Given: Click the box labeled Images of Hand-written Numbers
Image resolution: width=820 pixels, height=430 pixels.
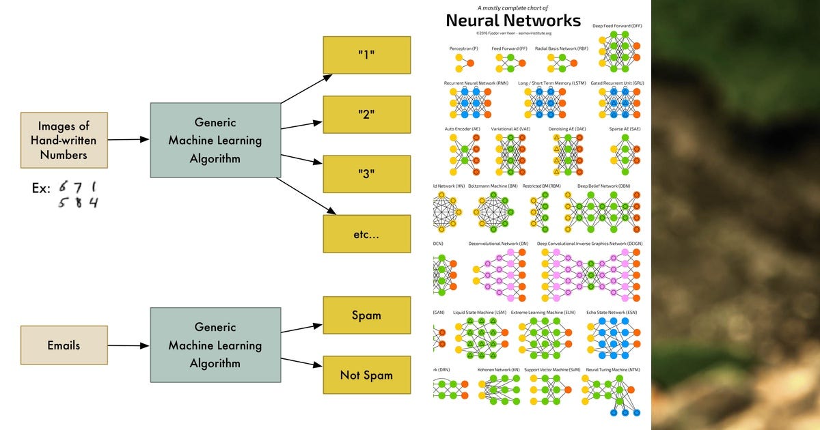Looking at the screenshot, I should pos(64,140).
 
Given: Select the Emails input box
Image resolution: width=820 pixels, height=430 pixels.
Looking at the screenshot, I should pos(64,345).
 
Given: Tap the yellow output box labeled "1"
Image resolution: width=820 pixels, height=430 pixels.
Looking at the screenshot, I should pos(366,55).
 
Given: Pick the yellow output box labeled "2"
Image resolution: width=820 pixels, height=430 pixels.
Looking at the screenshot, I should pos(366,115).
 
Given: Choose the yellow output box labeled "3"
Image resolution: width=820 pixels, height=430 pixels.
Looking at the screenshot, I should pos(366,173).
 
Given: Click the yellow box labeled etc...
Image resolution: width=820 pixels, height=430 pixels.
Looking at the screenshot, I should pos(366,233).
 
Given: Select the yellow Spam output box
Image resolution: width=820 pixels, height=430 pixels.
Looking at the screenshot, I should pos(366,315).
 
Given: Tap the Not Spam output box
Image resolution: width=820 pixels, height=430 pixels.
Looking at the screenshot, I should pos(366,375).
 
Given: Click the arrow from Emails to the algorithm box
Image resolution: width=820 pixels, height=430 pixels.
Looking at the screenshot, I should pos(128,345).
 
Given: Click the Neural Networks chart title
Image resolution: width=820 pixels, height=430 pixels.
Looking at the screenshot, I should pos(513,20).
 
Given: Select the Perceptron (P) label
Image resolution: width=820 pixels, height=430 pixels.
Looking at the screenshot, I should pos(464,48).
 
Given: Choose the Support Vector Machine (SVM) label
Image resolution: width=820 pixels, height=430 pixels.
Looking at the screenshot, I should pos(552,370).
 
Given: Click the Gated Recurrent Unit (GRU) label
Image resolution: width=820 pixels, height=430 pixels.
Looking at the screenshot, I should pos(617,83).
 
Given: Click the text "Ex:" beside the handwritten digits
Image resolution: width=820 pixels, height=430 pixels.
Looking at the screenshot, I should pos(41,188).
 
